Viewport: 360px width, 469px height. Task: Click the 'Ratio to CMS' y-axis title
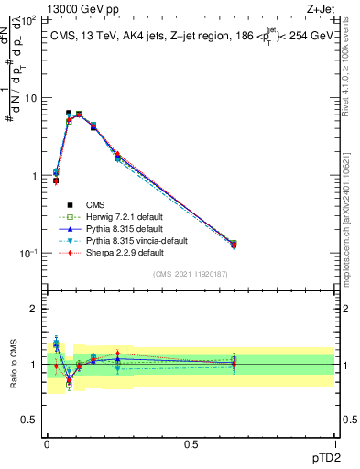pyautogui.click(x=13, y=365)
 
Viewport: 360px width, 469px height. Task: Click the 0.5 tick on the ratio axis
pyautogui.click(x=29, y=420)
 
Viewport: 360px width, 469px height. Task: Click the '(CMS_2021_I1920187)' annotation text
pyautogui.click(x=190, y=274)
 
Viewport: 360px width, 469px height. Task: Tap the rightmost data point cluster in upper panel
pyautogui.click(x=233, y=244)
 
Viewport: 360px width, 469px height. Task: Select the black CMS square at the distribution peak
pyautogui.click(x=69, y=113)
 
